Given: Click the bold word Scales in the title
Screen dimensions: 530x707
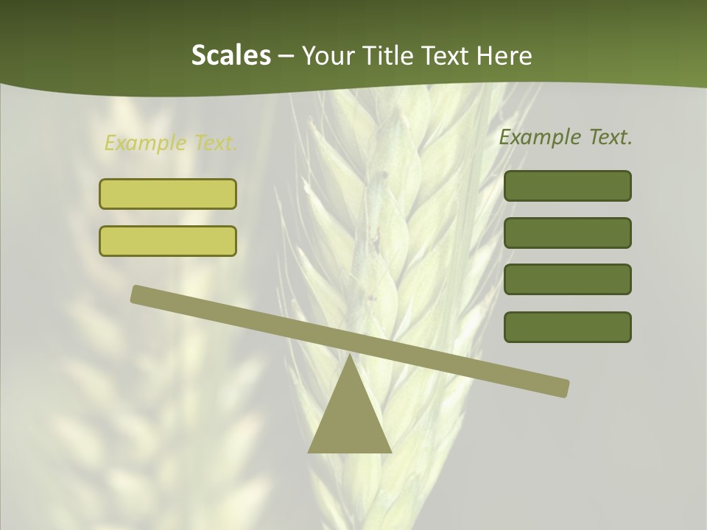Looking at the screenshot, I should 231,55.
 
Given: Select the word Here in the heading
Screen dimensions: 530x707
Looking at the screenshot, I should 505,55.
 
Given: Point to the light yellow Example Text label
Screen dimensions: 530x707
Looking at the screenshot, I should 171,143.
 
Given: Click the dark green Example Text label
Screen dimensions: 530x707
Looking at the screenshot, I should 566,137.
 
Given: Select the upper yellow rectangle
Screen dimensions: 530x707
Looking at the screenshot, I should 168,194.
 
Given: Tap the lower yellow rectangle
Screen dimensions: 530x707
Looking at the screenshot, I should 168,241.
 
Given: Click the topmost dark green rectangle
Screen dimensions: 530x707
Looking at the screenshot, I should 567,185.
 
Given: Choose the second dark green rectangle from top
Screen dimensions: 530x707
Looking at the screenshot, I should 567,233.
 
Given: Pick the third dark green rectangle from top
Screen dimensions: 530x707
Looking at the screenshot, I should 567,280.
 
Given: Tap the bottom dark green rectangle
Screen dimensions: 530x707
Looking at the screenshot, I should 567,327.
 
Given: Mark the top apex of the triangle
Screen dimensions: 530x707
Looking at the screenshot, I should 350,356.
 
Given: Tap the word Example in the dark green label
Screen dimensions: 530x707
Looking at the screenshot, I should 539,137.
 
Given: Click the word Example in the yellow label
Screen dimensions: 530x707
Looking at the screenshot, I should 145,143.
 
